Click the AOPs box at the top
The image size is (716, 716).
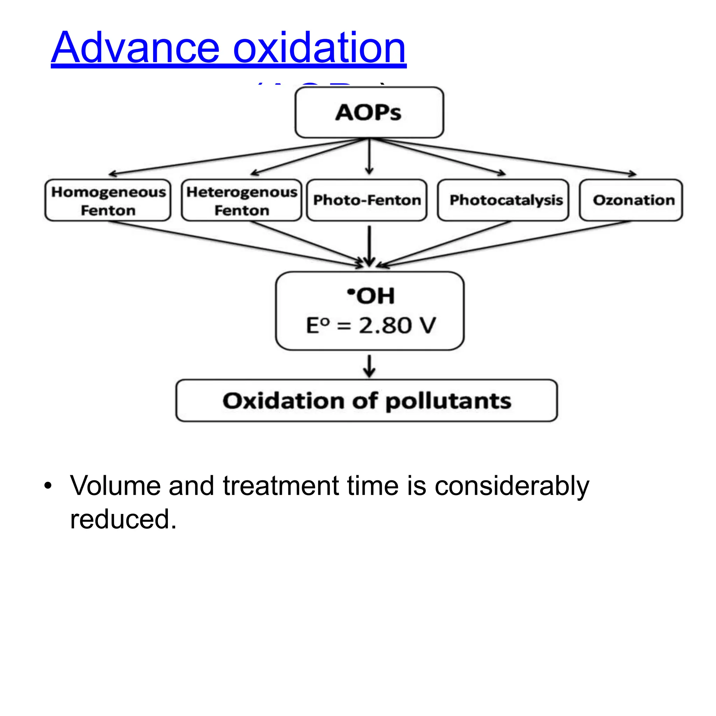point(369,112)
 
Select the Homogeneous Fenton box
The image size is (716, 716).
point(108,200)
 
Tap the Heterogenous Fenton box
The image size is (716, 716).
point(242,200)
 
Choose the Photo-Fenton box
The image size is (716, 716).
point(367,200)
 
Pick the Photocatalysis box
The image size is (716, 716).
point(503,200)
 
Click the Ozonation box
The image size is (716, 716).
point(631,200)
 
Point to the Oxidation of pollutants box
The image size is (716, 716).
point(366,401)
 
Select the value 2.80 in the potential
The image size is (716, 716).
point(385,326)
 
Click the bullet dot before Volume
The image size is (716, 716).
point(48,486)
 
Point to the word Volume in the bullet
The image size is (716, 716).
point(116,486)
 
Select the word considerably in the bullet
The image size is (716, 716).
point(512,486)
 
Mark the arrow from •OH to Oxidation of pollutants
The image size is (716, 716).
point(369,366)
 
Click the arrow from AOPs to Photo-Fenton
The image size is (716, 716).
point(369,156)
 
